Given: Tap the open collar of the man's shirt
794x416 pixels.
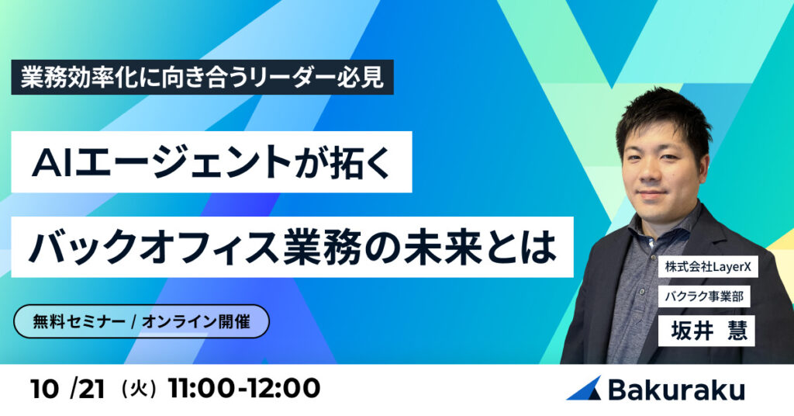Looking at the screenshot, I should click(x=659, y=233).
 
